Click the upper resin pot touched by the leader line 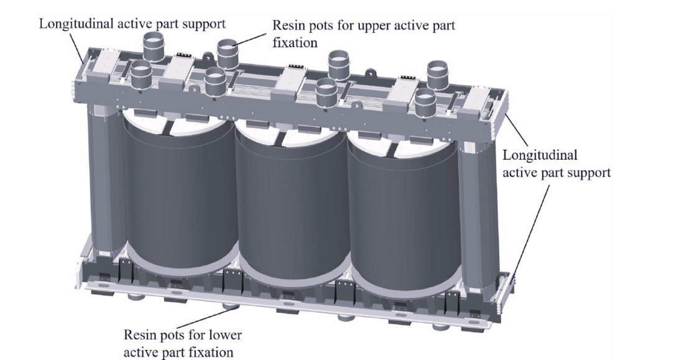(228, 49)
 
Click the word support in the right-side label (587, 172)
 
